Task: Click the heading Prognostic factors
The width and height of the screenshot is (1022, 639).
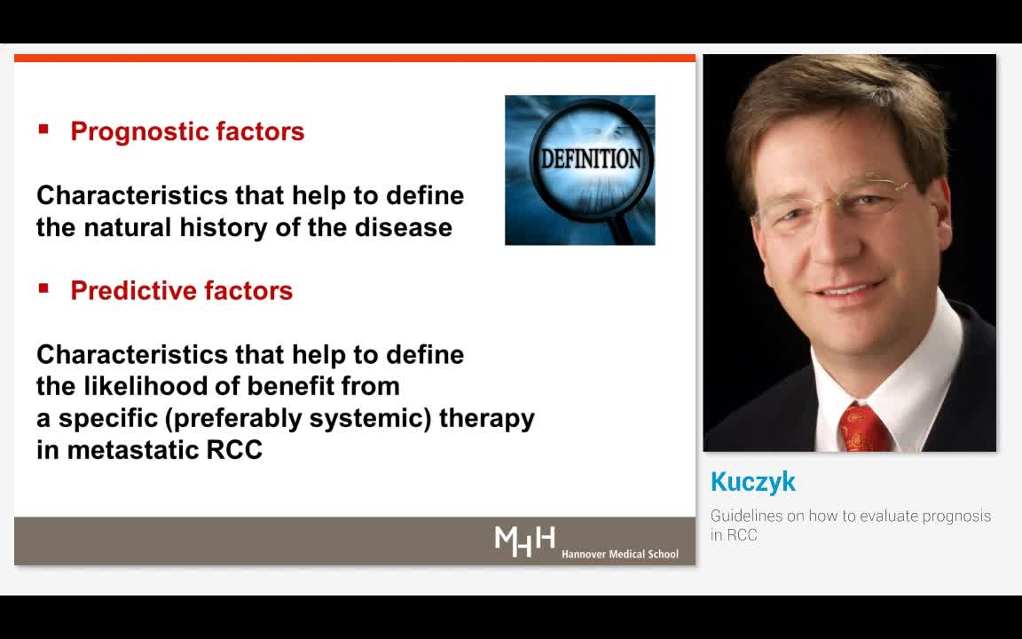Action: pos(187,131)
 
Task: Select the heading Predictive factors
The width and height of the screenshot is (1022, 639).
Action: pos(181,291)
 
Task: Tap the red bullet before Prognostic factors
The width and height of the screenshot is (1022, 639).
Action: pos(43,130)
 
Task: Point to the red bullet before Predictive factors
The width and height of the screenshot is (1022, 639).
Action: pos(43,288)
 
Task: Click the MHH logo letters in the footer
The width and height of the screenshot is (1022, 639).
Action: pos(524,540)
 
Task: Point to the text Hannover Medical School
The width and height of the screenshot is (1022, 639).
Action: pos(619,554)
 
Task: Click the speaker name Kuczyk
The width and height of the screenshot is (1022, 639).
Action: pos(753,482)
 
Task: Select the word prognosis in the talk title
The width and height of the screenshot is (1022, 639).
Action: pos(956,516)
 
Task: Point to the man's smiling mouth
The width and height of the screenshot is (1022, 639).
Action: pos(850,291)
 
